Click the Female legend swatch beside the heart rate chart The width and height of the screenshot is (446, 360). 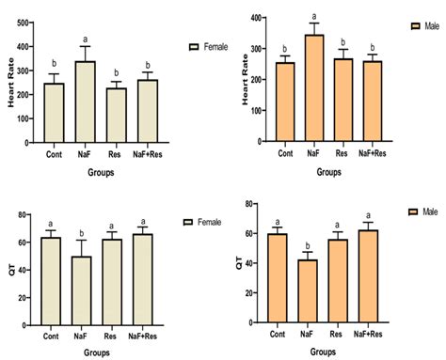(194, 45)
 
